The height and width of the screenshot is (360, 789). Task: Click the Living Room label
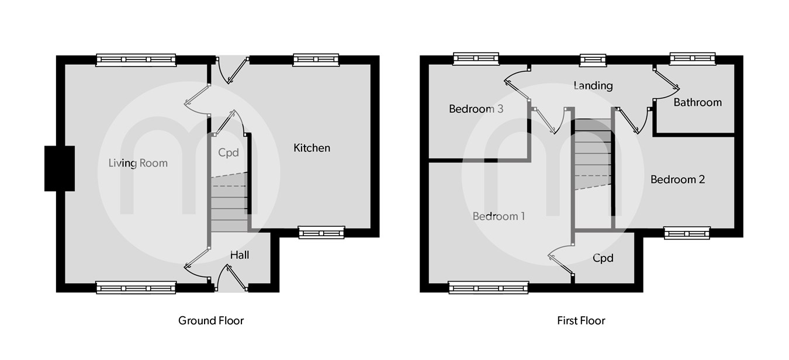tap(138, 163)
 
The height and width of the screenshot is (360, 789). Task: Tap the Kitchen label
tap(312, 148)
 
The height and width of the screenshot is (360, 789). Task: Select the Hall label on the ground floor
tap(240, 255)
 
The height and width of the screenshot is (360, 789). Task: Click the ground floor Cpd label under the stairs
tap(229, 153)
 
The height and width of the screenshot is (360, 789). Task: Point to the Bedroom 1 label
tap(499, 216)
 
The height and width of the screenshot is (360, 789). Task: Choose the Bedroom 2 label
tap(677, 179)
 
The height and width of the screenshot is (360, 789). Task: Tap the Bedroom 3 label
tap(476, 109)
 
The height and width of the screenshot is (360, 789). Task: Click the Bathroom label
tap(697, 102)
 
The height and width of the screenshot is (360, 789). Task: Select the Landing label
tap(593, 85)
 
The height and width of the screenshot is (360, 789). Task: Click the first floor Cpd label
tap(603, 258)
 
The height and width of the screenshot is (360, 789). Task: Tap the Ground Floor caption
tap(211, 320)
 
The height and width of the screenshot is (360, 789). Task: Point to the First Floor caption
tap(581, 320)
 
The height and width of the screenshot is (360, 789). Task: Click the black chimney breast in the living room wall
tap(60, 168)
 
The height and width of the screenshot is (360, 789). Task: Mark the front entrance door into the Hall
tap(231, 279)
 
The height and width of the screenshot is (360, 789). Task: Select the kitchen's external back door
tap(232, 69)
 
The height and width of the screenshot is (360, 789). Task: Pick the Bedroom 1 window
tap(489, 287)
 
